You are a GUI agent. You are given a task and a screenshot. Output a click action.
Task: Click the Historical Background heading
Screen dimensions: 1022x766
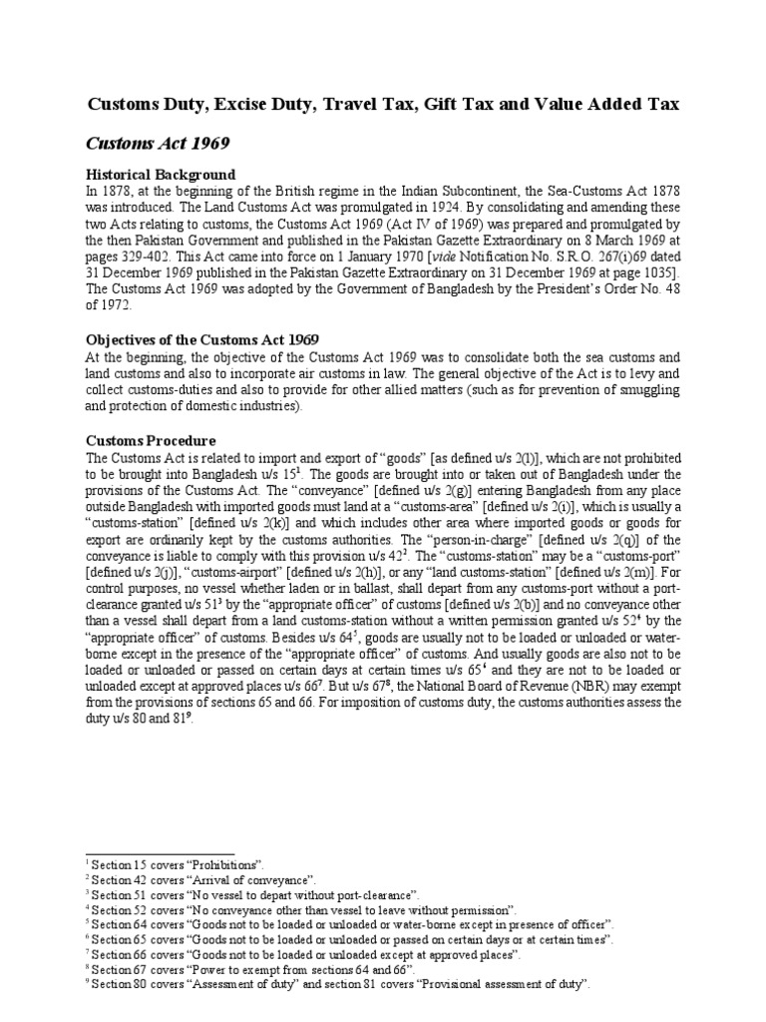[x=162, y=175]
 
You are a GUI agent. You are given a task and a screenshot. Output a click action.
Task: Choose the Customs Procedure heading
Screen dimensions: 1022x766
[x=151, y=440]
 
